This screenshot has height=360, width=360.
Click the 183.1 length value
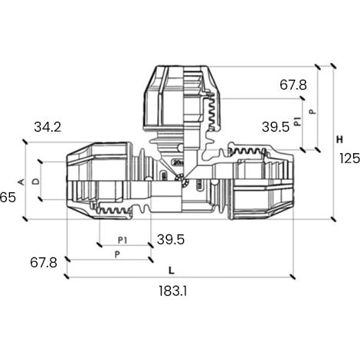click(173, 290)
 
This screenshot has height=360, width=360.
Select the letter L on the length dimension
click(172, 270)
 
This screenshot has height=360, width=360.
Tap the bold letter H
click(339, 139)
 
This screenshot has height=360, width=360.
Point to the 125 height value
click(349, 159)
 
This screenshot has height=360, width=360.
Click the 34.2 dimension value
click(47, 127)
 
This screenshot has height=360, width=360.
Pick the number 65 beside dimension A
click(8, 197)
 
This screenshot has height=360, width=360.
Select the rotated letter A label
click(21, 182)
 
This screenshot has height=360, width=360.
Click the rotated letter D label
click(36, 182)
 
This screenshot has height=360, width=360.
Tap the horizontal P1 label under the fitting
click(123, 241)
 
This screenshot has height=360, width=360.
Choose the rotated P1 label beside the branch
click(297, 121)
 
